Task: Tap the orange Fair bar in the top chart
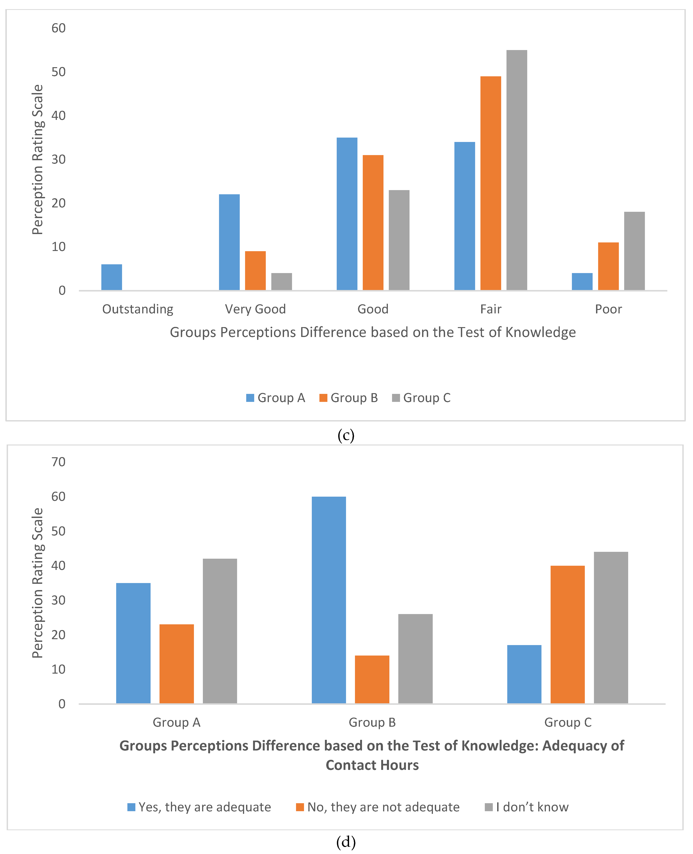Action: [491, 183]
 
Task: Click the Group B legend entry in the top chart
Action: [348, 398]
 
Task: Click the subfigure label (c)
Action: [346, 435]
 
